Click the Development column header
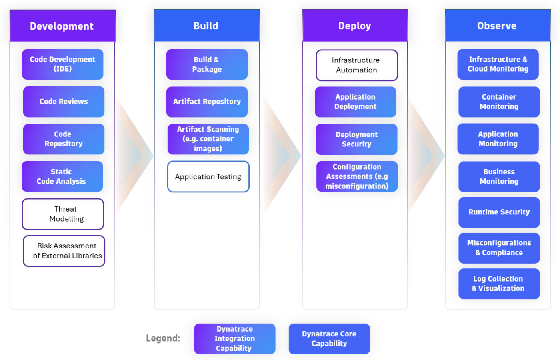[62, 26]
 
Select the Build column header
[206, 26]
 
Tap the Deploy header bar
[355, 26]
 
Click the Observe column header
[497, 26]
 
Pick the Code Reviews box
[64, 102]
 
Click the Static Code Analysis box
[62, 176]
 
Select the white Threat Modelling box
[63, 214]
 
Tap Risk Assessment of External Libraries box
[64, 251]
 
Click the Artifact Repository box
[207, 102]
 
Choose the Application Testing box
[208, 176]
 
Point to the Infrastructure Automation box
[356, 65]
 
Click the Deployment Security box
[356, 139]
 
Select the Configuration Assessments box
[357, 176]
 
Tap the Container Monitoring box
[499, 102]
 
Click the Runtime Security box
[499, 212]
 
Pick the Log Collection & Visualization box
[499, 284]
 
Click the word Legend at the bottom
[163, 338]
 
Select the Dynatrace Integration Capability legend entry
[234, 338]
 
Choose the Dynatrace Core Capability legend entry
[329, 338]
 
